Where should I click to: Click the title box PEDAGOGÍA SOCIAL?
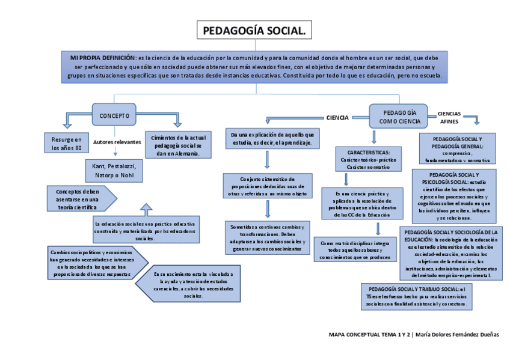254,31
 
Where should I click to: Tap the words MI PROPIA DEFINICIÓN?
103,57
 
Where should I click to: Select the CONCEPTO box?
114,115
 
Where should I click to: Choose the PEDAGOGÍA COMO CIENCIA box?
399,117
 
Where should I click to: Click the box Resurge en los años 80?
66,143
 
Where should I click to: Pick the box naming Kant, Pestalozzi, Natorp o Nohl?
114,170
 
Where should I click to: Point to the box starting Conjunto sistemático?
268,186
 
